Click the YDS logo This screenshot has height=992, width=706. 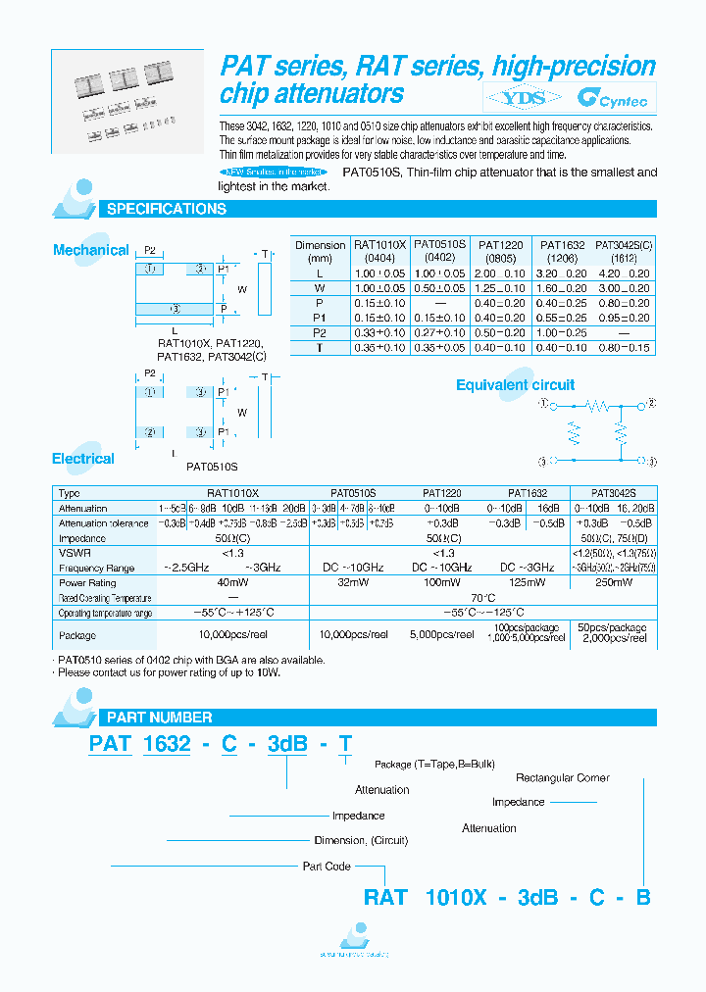click(522, 97)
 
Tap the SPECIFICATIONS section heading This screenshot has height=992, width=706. click(166, 209)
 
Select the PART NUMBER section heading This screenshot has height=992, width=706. click(158, 718)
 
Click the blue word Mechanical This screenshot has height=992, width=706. click(90, 250)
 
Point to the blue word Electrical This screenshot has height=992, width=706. click(83, 458)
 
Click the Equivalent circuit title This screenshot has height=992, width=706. click(515, 385)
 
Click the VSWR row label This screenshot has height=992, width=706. click(71, 553)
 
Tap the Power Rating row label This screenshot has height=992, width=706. click(88, 582)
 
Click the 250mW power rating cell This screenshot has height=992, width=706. click(613, 582)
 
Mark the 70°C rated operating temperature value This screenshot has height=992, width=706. click(479, 597)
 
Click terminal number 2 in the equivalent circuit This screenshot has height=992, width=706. click(651, 404)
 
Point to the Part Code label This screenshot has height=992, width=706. click(327, 866)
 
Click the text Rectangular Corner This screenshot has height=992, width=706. click(562, 777)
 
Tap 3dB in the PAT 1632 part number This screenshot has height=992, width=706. click(287, 744)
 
